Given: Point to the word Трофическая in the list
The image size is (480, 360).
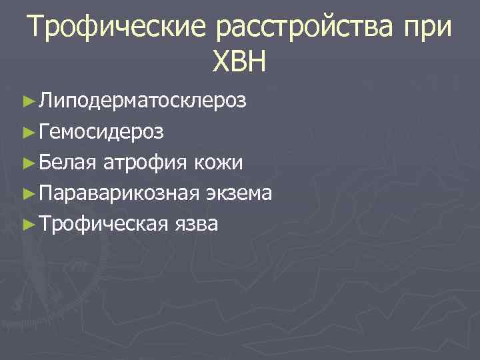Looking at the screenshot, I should tap(101, 224).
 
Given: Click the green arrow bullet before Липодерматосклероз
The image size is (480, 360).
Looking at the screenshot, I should tap(27, 102).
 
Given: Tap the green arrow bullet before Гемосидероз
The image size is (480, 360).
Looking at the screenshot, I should tap(27, 133).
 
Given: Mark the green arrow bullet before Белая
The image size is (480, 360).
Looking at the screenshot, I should tap(27, 163).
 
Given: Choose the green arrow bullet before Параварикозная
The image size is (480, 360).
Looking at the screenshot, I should tap(27, 194).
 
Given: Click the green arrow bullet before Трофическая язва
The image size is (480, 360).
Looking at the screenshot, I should tap(27, 225).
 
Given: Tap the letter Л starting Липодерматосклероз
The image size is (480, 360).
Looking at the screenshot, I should tap(45, 102).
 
